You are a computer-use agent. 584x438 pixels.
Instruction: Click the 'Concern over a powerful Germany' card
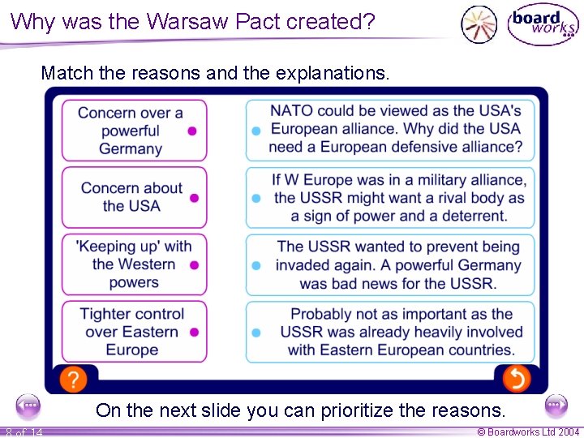134,130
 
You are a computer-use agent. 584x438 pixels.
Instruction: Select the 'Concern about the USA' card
134,197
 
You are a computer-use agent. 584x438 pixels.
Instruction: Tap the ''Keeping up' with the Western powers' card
134,264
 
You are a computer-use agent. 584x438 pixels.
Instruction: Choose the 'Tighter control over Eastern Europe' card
134,332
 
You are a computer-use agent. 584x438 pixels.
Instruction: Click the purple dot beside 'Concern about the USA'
194,197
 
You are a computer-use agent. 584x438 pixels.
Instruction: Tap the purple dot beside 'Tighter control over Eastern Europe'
194,332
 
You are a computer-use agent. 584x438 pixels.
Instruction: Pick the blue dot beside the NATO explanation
256,130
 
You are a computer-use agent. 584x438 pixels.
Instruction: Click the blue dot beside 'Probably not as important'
256,332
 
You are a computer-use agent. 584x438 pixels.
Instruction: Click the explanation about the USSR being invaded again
397,264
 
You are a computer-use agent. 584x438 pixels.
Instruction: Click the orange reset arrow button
516,378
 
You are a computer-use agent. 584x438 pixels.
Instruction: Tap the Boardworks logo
543,24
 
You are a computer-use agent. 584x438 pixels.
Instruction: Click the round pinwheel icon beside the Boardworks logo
479,24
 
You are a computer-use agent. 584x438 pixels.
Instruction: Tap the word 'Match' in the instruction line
67,73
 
